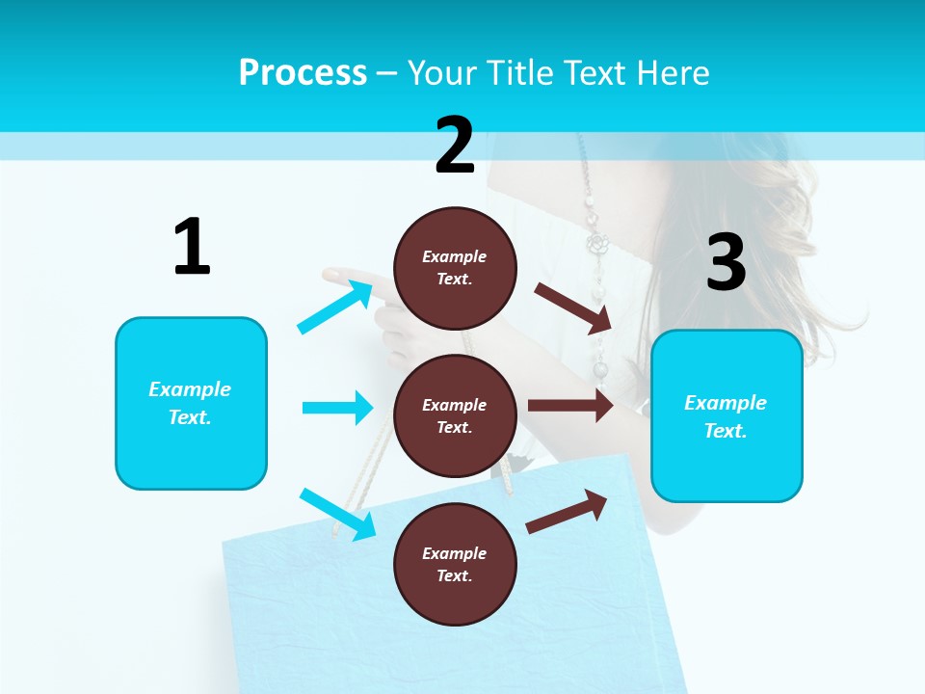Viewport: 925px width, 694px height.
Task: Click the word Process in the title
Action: click(303, 73)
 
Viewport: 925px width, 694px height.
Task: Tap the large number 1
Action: click(192, 247)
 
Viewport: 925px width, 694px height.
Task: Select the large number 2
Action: click(455, 146)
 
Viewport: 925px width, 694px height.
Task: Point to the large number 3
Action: click(726, 263)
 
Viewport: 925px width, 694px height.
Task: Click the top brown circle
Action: click(455, 268)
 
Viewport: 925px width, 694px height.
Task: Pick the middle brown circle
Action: click(455, 415)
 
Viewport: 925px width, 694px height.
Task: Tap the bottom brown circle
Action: click(455, 564)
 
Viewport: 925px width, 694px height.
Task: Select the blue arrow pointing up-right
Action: click(335, 307)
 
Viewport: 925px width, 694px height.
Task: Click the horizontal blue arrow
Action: click(337, 408)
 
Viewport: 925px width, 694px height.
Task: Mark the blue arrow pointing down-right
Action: click(337, 514)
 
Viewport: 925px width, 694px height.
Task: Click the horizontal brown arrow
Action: click(570, 406)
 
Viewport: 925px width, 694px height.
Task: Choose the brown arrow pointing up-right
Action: click(567, 511)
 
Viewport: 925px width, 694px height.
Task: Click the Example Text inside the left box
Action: click(190, 403)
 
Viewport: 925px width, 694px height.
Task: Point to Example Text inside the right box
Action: click(726, 416)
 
